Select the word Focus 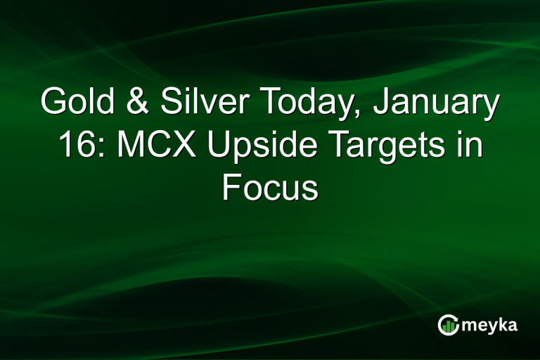tap(270, 188)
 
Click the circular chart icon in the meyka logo tap(448, 324)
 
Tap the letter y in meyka tap(489, 327)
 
